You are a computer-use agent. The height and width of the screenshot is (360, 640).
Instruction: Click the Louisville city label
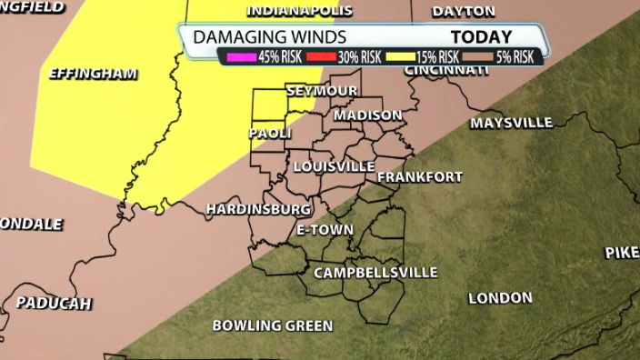(334, 166)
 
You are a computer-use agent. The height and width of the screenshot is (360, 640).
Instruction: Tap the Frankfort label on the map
(419, 176)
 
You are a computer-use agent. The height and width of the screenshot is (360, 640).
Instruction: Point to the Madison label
(367, 115)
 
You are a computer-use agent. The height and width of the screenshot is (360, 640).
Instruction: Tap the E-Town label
(325, 230)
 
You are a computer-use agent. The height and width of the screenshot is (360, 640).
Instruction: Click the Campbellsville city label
(375, 273)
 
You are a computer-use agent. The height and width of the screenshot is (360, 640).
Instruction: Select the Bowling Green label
(272, 325)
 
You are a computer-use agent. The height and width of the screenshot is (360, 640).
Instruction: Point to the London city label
(500, 298)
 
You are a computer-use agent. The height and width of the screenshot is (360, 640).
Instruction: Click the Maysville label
(511, 122)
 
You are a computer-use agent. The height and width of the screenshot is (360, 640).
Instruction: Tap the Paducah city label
(54, 303)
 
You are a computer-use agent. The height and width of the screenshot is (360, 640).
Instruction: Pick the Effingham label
(94, 73)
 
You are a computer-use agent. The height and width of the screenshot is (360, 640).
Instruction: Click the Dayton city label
(464, 12)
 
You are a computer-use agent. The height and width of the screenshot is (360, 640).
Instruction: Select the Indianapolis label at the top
(300, 12)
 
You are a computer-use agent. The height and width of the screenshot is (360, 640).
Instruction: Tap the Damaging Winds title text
(268, 37)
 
